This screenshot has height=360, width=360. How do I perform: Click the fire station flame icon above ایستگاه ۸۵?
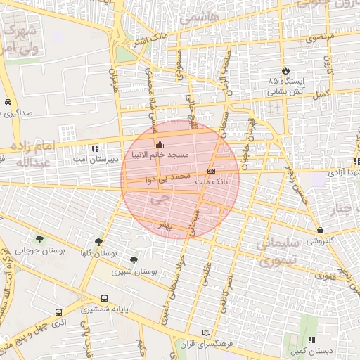tap(286, 70)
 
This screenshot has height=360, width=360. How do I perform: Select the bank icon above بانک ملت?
tap(212, 171)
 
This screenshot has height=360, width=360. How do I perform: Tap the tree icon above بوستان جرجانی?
tap(39, 239)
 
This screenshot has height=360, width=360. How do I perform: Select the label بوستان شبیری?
tap(134, 271)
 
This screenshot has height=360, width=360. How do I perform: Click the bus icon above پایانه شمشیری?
tap(104, 298)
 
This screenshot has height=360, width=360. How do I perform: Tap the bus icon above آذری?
tap(58, 311)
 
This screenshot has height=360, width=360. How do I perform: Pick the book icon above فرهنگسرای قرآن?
tap(205, 333)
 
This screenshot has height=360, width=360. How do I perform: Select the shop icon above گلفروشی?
tap(321, 230)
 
